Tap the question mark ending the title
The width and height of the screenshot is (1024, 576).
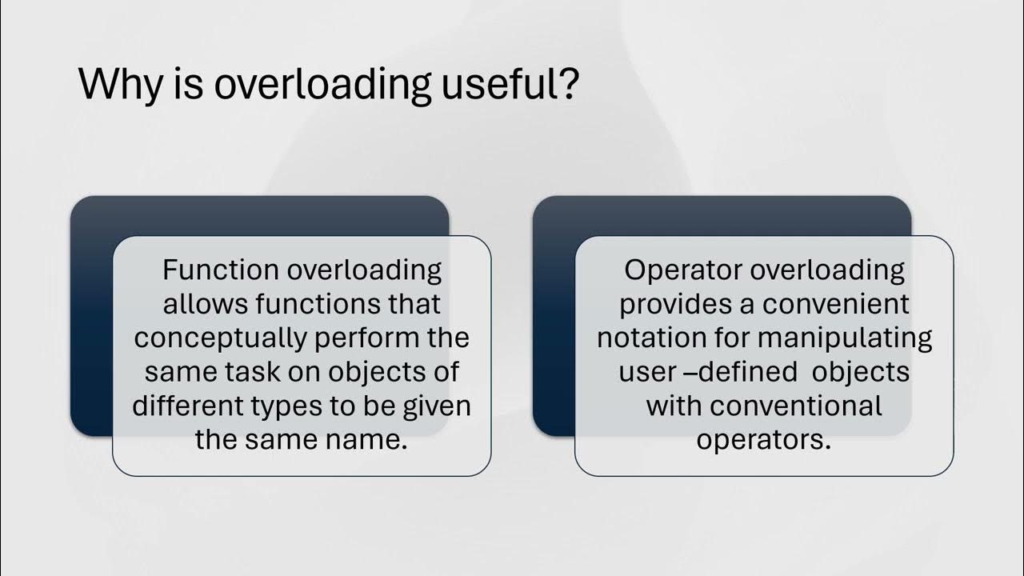click(566, 85)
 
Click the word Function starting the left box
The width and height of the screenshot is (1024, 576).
click(211, 270)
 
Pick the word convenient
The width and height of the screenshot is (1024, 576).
click(835, 304)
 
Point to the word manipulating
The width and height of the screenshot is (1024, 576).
click(845, 338)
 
